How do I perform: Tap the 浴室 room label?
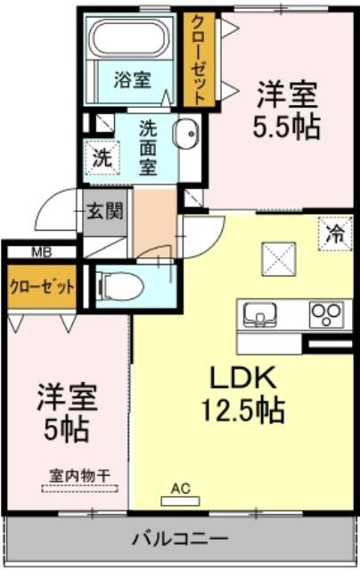tap(133, 79)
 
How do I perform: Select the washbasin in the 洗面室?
tap(186, 134)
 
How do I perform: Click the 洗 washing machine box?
tap(102, 158)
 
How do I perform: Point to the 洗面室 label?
tap(148, 148)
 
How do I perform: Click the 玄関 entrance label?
tap(105, 211)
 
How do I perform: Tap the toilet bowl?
tap(119, 287)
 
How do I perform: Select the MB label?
tap(42, 251)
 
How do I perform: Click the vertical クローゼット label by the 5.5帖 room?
tap(198, 60)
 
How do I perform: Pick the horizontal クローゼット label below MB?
tap(42, 288)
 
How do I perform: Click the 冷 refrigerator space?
tap(335, 233)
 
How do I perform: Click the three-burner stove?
tap(326, 314)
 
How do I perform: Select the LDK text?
tap(243, 378)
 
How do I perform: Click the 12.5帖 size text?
tap(243, 411)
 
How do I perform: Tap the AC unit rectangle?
tap(180, 501)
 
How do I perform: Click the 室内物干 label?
tap(79, 476)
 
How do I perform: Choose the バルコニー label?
tap(180, 537)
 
